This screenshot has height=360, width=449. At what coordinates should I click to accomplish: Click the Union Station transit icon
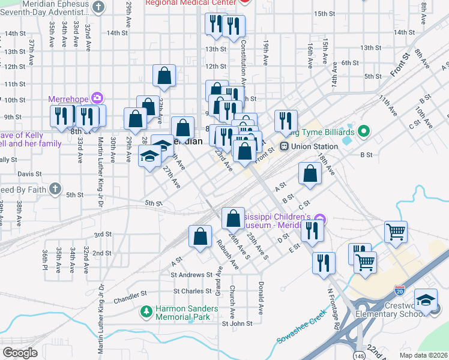(x=284, y=146)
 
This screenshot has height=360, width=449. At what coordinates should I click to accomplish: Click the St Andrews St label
(x=191, y=275)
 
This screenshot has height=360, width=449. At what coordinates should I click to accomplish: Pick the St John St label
(x=237, y=323)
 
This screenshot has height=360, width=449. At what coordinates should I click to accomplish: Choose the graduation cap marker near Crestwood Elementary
(x=426, y=299)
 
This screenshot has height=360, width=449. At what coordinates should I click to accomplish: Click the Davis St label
(x=29, y=174)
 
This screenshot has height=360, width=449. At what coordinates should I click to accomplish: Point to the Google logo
(x=20, y=352)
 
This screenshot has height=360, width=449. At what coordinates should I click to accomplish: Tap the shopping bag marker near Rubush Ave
(x=200, y=236)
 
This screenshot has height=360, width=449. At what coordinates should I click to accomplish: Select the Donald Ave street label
(x=261, y=298)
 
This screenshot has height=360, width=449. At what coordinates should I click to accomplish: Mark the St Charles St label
(x=192, y=291)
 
